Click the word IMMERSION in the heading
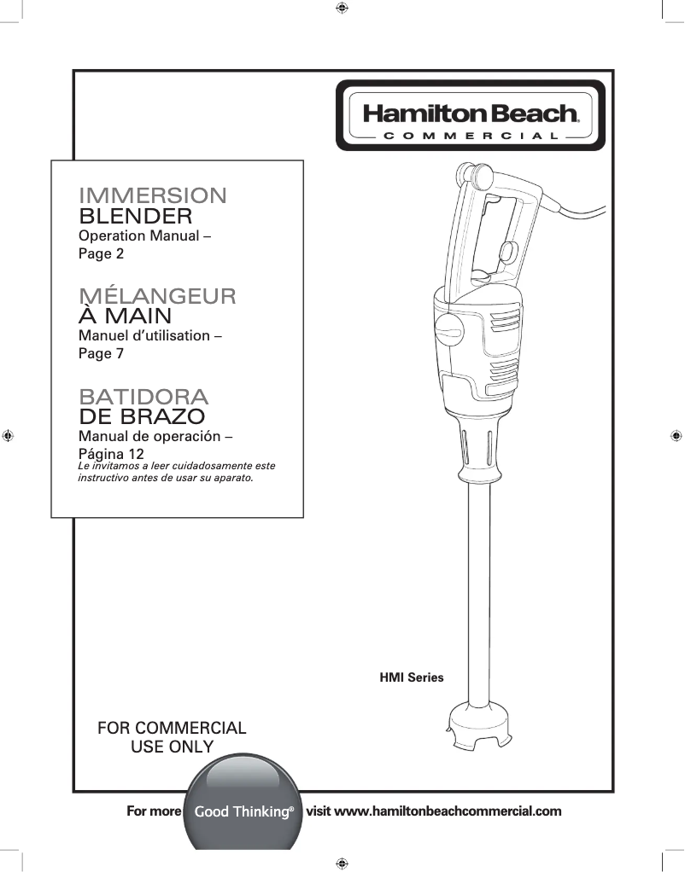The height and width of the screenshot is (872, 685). tap(153, 195)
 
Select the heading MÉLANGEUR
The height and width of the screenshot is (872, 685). tap(157, 296)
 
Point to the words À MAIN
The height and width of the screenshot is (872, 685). tap(125, 316)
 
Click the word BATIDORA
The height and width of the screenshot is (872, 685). tap(143, 397)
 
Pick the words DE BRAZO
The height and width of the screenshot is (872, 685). tap(141, 417)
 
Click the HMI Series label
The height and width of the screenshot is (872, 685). tap(412, 677)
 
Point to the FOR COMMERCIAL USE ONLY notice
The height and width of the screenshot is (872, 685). tap(172, 738)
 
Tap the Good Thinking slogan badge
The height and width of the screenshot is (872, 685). tap(244, 811)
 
